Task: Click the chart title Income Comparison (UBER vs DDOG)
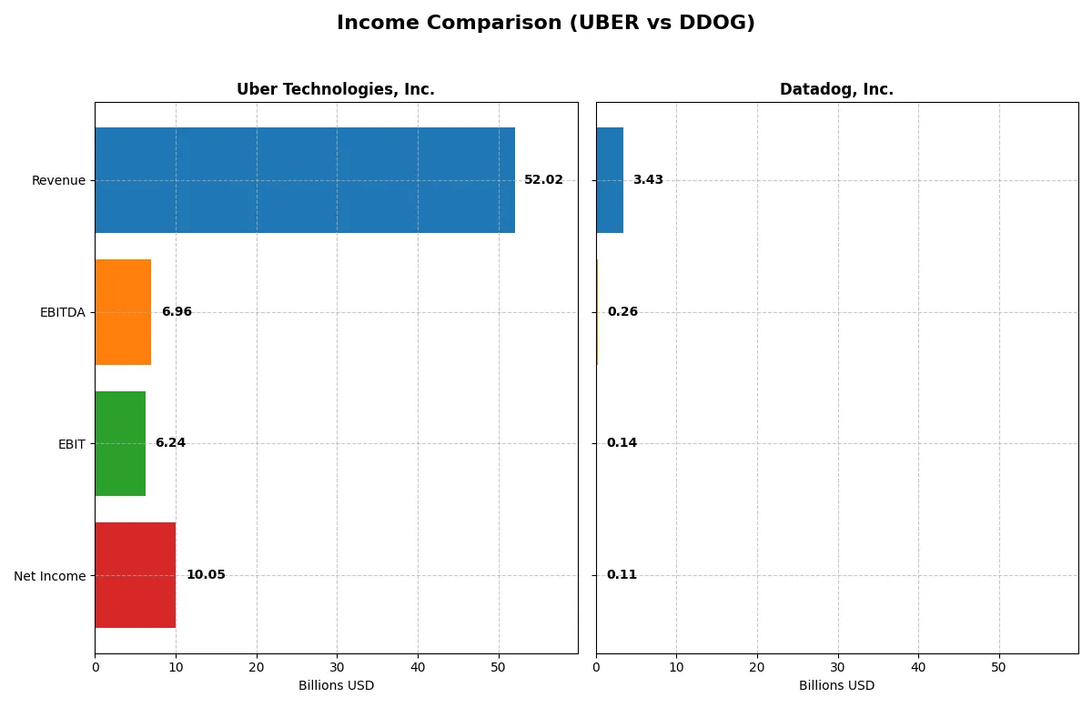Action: tap(545, 23)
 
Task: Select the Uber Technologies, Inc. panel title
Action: tap(335, 89)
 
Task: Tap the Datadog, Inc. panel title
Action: tap(836, 89)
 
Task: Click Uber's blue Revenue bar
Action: tap(305, 180)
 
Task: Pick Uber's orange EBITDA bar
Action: tap(123, 312)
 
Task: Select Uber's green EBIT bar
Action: tap(120, 443)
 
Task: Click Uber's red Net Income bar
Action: tap(136, 575)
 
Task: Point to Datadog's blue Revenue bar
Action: tap(610, 180)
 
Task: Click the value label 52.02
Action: tap(543, 180)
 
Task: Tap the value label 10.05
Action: tap(206, 575)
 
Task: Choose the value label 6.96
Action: tap(177, 312)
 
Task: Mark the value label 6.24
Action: tap(170, 443)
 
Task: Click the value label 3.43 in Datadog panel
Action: tap(648, 180)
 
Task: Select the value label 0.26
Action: tap(622, 312)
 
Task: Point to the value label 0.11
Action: tap(622, 575)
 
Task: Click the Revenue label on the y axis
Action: tap(58, 180)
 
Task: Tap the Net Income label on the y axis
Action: tap(50, 576)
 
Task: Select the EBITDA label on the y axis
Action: tap(62, 312)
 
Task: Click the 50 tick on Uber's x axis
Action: tap(498, 667)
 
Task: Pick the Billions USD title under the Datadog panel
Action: tap(836, 685)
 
